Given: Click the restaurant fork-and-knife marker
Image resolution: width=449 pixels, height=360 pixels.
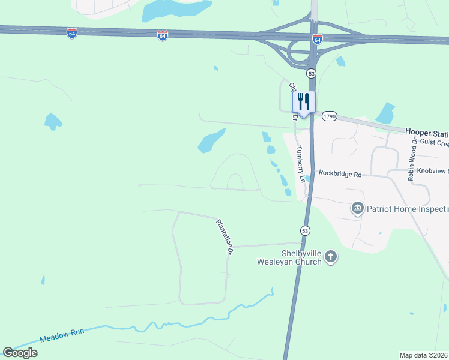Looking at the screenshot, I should tap(303, 102).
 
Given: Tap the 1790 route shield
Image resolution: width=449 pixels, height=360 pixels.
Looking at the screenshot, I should tap(329, 116).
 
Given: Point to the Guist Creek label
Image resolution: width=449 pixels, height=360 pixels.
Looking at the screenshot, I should tap(435, 143).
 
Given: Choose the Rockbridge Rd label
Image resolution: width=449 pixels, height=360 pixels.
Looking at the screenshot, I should tap(340, 174).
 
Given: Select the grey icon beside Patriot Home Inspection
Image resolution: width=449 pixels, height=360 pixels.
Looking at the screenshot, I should tap(358, 208).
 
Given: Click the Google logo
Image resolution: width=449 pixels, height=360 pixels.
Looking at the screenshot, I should tap(20, 353).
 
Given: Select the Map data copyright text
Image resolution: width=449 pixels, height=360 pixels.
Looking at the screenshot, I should tap(424, 355).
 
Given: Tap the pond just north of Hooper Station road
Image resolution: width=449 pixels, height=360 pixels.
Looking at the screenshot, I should tap(385, 113).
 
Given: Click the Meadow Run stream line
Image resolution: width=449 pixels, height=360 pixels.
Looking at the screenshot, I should tap(180, 325).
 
